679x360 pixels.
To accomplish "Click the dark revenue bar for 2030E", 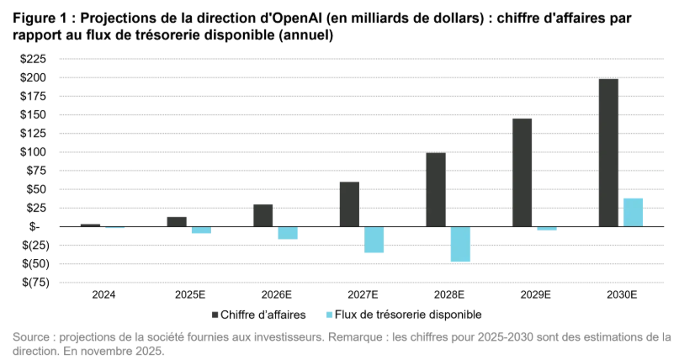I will click(x=608, y=152).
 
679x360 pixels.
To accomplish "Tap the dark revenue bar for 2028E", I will click(x=436, y=189).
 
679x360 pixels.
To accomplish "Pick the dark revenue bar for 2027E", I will click(x=349, y=204).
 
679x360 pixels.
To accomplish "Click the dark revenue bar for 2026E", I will click(x=263, y=215).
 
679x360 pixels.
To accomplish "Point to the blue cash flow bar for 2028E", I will click(x=460, y=244).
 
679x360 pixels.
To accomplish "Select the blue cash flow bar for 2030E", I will click(x=633, y=212).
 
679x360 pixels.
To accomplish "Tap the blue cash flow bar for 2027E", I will click(x=374, y=240).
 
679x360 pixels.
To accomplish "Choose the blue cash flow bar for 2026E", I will click(x=288, y=233).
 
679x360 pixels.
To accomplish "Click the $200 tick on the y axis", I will click(x=35, y=77).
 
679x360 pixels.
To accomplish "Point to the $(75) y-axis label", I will click(x=35, y=282).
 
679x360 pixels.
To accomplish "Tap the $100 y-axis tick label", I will click(x=35, y=152).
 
